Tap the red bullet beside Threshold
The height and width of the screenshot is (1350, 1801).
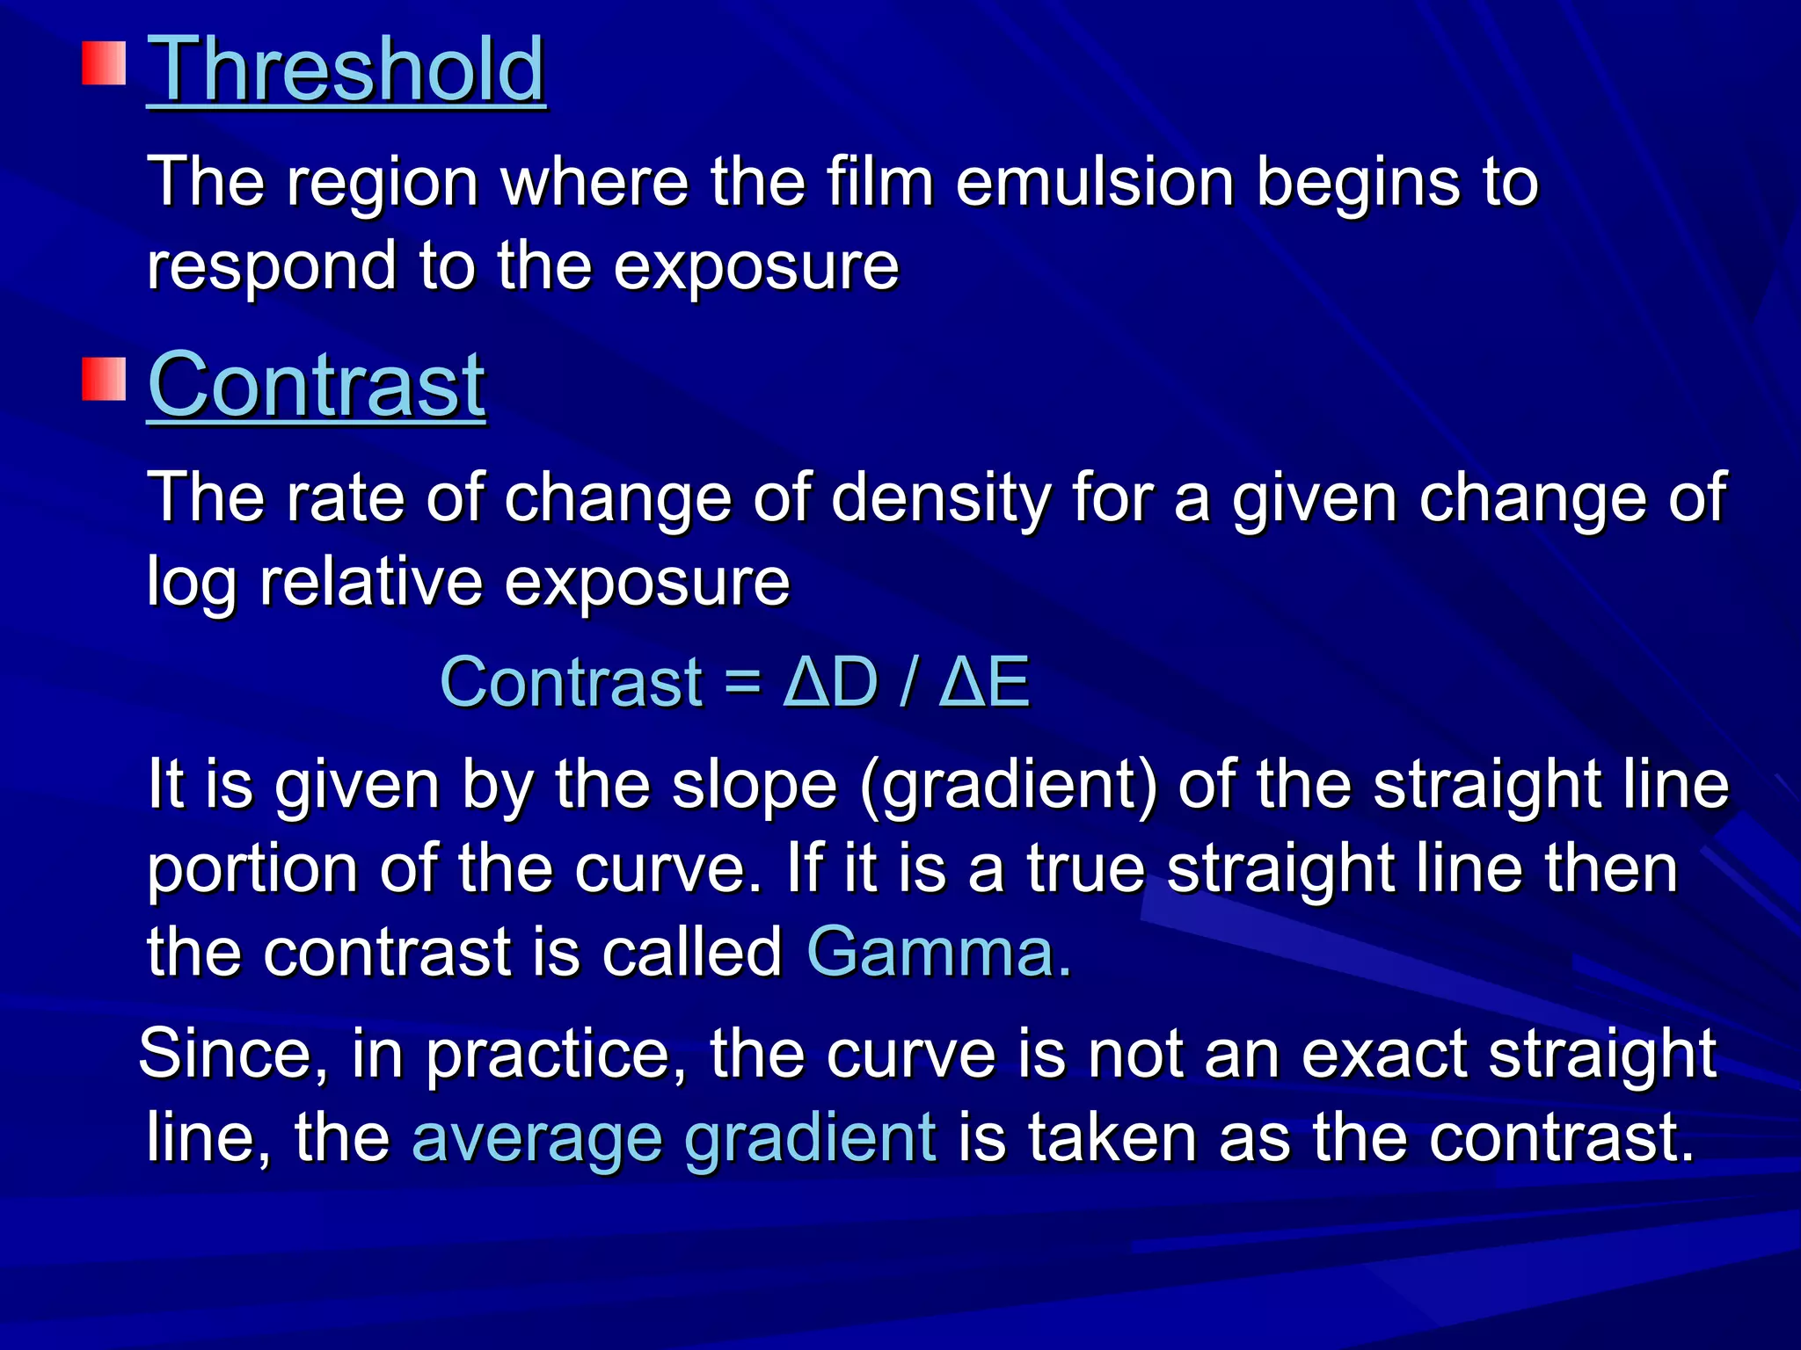pyautogui.click(x=105, y=64)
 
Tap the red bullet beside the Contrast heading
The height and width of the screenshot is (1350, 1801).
pyautogui.click(x=105, y=379)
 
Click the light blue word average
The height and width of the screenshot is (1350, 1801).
pyautogui.click(x=537, y=1138)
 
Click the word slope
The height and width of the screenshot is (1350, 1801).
pyautogui.click(x=755, y=786)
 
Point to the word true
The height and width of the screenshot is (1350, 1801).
pyautogui.click(x=1085, y=869)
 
